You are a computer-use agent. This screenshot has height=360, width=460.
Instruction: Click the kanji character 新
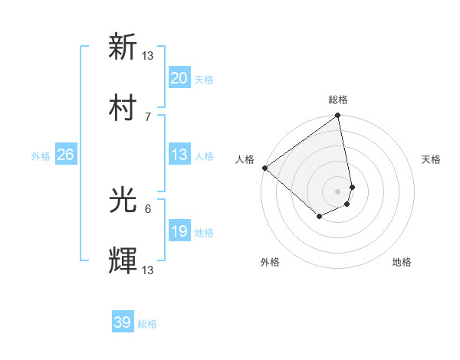pyautogui.click(x=123, y=47)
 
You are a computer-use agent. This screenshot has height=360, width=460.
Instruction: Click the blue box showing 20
pyautogui.click(x=179, y=78)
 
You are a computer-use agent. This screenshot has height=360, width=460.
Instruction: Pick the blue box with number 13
pyautogui.click(x=179, y=155)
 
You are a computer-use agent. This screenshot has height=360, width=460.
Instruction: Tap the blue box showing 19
pyautogui.click(x=179, y=231)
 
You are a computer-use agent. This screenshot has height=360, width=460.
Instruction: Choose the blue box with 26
pyautogui.click(x=65, y=155)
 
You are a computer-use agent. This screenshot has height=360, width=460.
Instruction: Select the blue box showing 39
pyautogui.click(x=122, y=323)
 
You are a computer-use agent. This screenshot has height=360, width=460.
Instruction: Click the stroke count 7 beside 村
pyautogui.click(x=148, y=116)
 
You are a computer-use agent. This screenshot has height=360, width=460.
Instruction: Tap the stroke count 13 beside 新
pyautogui.click(x=148, y=55)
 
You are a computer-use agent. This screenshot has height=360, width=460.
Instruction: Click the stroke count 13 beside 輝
pyautogui.click(x=148, y=269)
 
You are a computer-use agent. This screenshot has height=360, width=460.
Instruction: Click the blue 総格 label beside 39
pyautogui.click(x=147, y=325)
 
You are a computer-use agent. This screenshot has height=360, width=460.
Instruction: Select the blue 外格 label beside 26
pyautogui.click(x=41, y=156)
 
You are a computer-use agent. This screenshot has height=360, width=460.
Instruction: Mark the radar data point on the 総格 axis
pyautogui.click(x=337, y=116)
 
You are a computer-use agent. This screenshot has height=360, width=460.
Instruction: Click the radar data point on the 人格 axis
pyautogui.click(x=264, y=168)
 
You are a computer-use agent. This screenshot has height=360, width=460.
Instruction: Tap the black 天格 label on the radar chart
pyautogui.click(x=432, y=159)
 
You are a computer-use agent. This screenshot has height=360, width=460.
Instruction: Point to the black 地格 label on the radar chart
pyautogui.click(x=402, y=263)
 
